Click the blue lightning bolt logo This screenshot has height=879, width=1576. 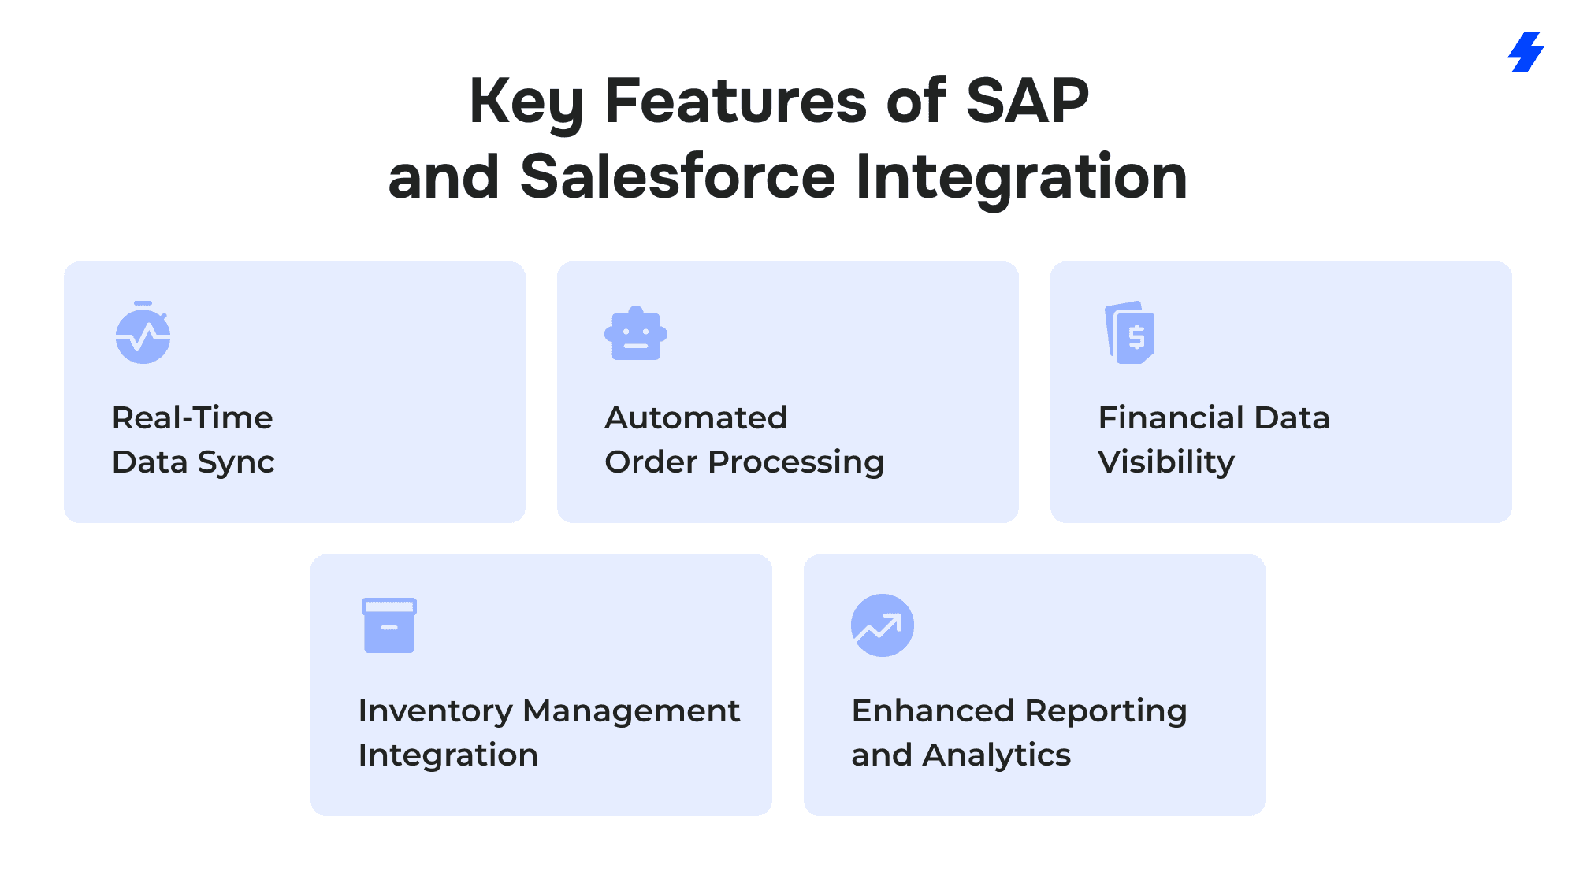coord(1526,52)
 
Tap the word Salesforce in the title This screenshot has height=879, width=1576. coord(678,176)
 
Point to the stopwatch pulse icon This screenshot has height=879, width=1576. coord(143,332)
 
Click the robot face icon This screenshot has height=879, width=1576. coord(636,333)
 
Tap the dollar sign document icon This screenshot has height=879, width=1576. coord(1130,332)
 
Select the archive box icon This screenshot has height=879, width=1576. coord(389,625)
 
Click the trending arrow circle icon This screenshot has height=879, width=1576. coord(883,625)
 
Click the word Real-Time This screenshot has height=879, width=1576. coord(192,417)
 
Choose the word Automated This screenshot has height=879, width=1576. coord(696,417)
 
